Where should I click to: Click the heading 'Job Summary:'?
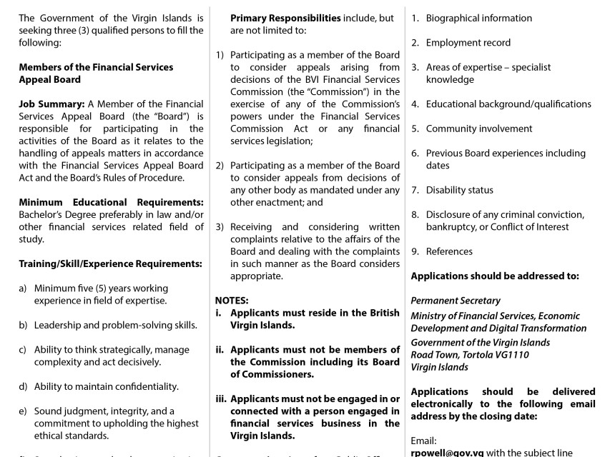(x=51, y=104)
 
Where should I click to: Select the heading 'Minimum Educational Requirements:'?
(x=111, y=202)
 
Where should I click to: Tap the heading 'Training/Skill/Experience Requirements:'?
(x=110, y=263)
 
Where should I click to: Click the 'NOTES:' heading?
(x=232, y=301)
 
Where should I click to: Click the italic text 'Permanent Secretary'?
(x=456, y=301)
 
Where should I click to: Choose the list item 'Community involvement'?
(x=478, y=129)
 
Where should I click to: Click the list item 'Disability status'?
(x=459, y=190)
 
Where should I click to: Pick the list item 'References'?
(x=449, y=251)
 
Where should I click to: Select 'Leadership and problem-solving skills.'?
(x=115, y=325)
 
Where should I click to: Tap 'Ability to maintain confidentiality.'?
(x=106, y=387)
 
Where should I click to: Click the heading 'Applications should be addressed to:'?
(x=495, y=276)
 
